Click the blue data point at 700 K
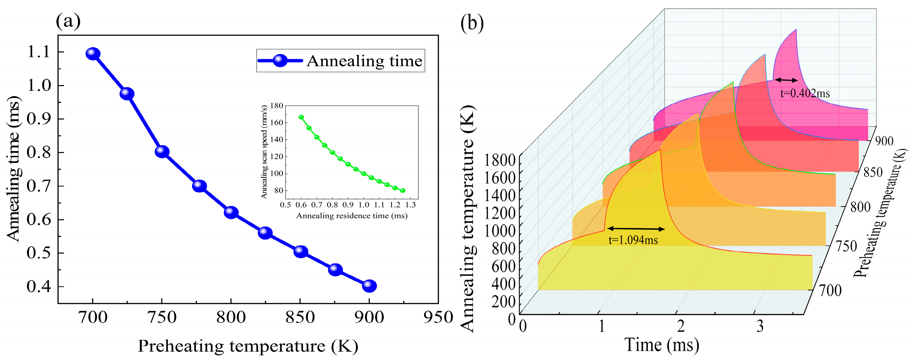pyautogui.click(x=93, y=54)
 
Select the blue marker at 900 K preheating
pyautogui.click(x=369, y=285)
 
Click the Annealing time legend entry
pyautogui.click(x=340, y=61)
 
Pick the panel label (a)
pyautogui.click(x=68, y=21)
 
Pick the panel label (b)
pyautogui.click(x=472, y=24)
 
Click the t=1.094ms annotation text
pyautogui.click(x=633, y=240)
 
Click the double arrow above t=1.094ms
pyautogui.click(x=636, y=229)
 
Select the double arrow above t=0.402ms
pyautogui.click(x=786, y=80)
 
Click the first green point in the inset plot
pyautogui.click(x=301, y=117)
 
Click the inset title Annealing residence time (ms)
pyautogui.click(x=352, y=216)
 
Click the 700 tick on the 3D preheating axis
pyautogui.click(x=830, y=291)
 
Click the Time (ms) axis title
pyautogui.click(x=662, y=345)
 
